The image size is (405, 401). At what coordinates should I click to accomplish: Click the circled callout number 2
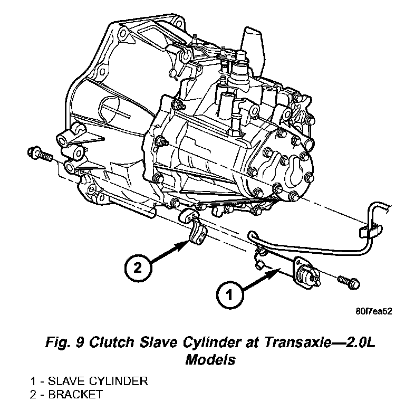(x=137, y=268)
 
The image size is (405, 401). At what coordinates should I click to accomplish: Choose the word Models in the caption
(x=210, y=360)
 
